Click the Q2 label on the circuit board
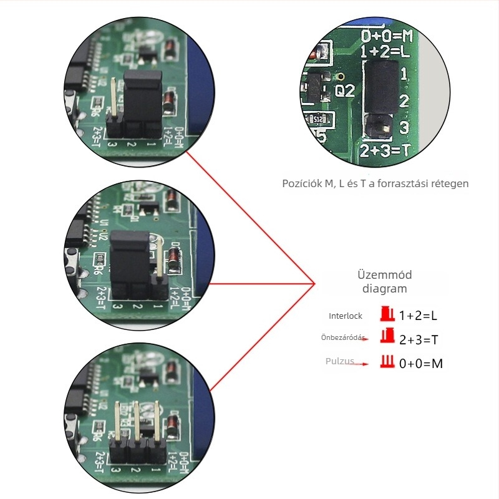(x=345, y=91)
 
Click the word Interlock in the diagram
(x=346, y=316)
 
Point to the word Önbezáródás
(x=342, y=337)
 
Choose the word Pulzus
(x=340, y=361)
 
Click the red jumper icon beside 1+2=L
(x=387, y=313)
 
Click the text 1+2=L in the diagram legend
(x=419, y=316)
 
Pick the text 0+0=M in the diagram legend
(x=421, y=363)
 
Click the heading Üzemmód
(x=385, y=275)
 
